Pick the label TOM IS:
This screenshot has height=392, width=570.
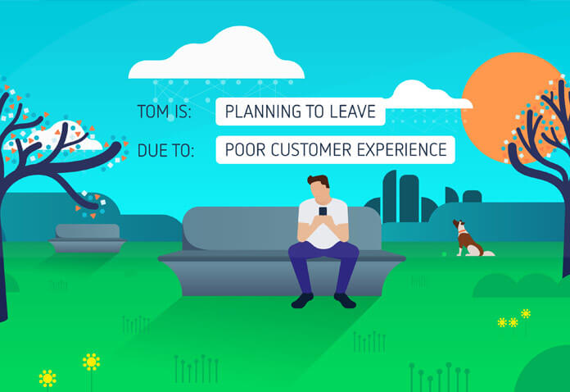[x=165, y=112]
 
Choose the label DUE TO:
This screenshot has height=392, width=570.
[x=165, y=150]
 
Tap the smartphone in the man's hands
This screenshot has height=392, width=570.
[x=323, y=211]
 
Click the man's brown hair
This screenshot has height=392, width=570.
[x=319, y=181]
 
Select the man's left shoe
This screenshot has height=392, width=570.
[x=345, y=301]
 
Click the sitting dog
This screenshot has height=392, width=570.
[x=470, y=239]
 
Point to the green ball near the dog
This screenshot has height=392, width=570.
[x=444, y=254]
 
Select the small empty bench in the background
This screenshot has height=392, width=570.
[x=88, y=239]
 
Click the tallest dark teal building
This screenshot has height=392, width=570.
[x=389, y=197]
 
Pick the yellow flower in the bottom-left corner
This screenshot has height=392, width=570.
[x=47, y=379]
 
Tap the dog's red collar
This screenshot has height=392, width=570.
[x=462, y=231]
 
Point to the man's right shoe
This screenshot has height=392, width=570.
[x=302, y=301]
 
